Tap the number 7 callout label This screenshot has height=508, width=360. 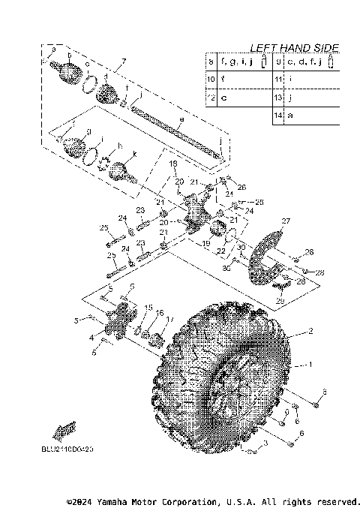point(124,60)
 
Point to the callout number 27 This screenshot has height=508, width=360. point(285,221)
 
